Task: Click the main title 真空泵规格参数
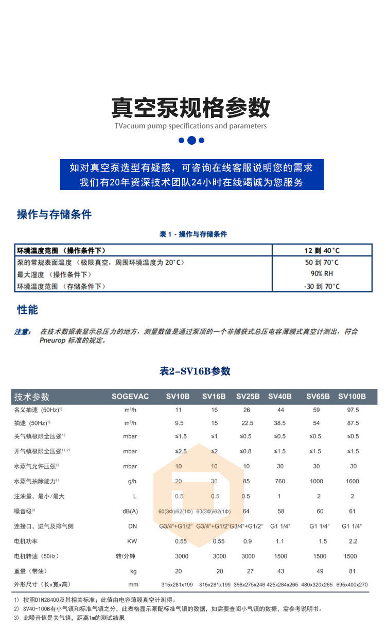point(191,108)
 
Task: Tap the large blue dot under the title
point(191,140)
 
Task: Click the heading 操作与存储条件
point(54,214)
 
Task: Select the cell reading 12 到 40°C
point(322,250)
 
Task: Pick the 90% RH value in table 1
point(322,274)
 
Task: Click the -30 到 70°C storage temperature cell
point(322,286)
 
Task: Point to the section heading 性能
point(27,310)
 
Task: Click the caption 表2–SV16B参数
point(195,371)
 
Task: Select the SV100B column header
point(352,396)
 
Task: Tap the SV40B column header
point(279,396)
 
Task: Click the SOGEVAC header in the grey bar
point(130,396)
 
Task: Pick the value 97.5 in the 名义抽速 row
point(353,410)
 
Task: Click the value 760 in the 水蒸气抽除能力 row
point(279,481)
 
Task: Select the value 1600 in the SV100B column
point(353,481)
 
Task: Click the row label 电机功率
point(26,541)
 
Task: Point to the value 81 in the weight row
point(353,571)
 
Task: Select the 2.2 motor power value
point(353,541)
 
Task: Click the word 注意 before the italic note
point(22,331)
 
